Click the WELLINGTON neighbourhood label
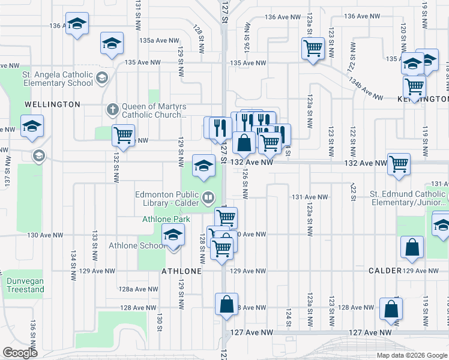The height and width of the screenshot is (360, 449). [52, 104]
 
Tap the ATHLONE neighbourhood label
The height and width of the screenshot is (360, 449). [181, 271]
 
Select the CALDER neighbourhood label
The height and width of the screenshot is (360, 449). [385, 271]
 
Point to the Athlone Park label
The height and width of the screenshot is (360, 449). [166, 219]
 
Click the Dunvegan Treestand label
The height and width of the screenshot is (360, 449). [25, 285]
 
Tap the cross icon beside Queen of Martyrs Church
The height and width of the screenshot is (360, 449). [112, 109]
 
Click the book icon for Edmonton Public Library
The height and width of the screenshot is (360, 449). [208, 196]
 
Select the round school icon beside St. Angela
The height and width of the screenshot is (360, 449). [101, 77]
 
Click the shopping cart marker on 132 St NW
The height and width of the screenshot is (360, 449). [123, 135]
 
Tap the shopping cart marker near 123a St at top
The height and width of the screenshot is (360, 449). [313, 47]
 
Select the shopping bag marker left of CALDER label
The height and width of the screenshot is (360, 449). [412, 248]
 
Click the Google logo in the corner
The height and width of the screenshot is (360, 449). [20, 352]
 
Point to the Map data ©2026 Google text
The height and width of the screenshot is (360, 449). [412, 355]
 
